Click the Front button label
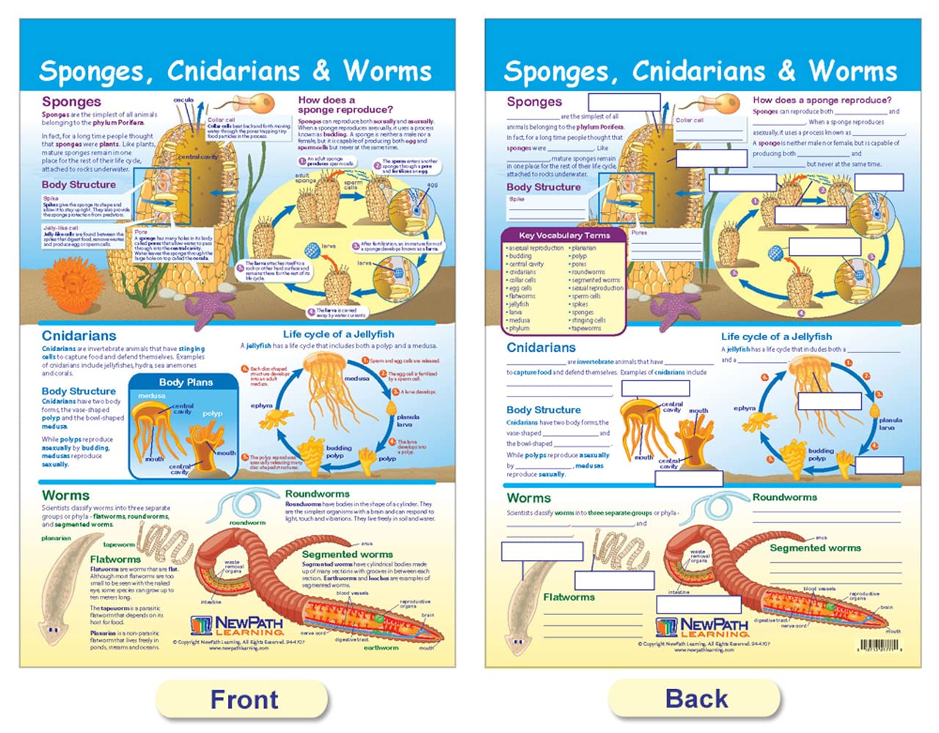click(x=244, y=699)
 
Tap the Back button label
click(x=696, y=699)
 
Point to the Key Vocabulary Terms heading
click(x=564, y=235)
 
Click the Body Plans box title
click(x=186, y=382)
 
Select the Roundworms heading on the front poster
click(x=317, y=494)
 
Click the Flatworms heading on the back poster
click(x=569, y=597)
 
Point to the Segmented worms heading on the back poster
click(x=814, y=548)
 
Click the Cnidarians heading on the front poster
click(x=78, y=336)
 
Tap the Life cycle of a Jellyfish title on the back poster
click(x=776, y=336)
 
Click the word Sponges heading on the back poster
click(x=534, y=102)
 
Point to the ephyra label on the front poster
click(x=262, y=405)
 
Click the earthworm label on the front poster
click(x=381, y=648)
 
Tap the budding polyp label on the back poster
click(x=821, y=454)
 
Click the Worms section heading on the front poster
click(x=65, y=496)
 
